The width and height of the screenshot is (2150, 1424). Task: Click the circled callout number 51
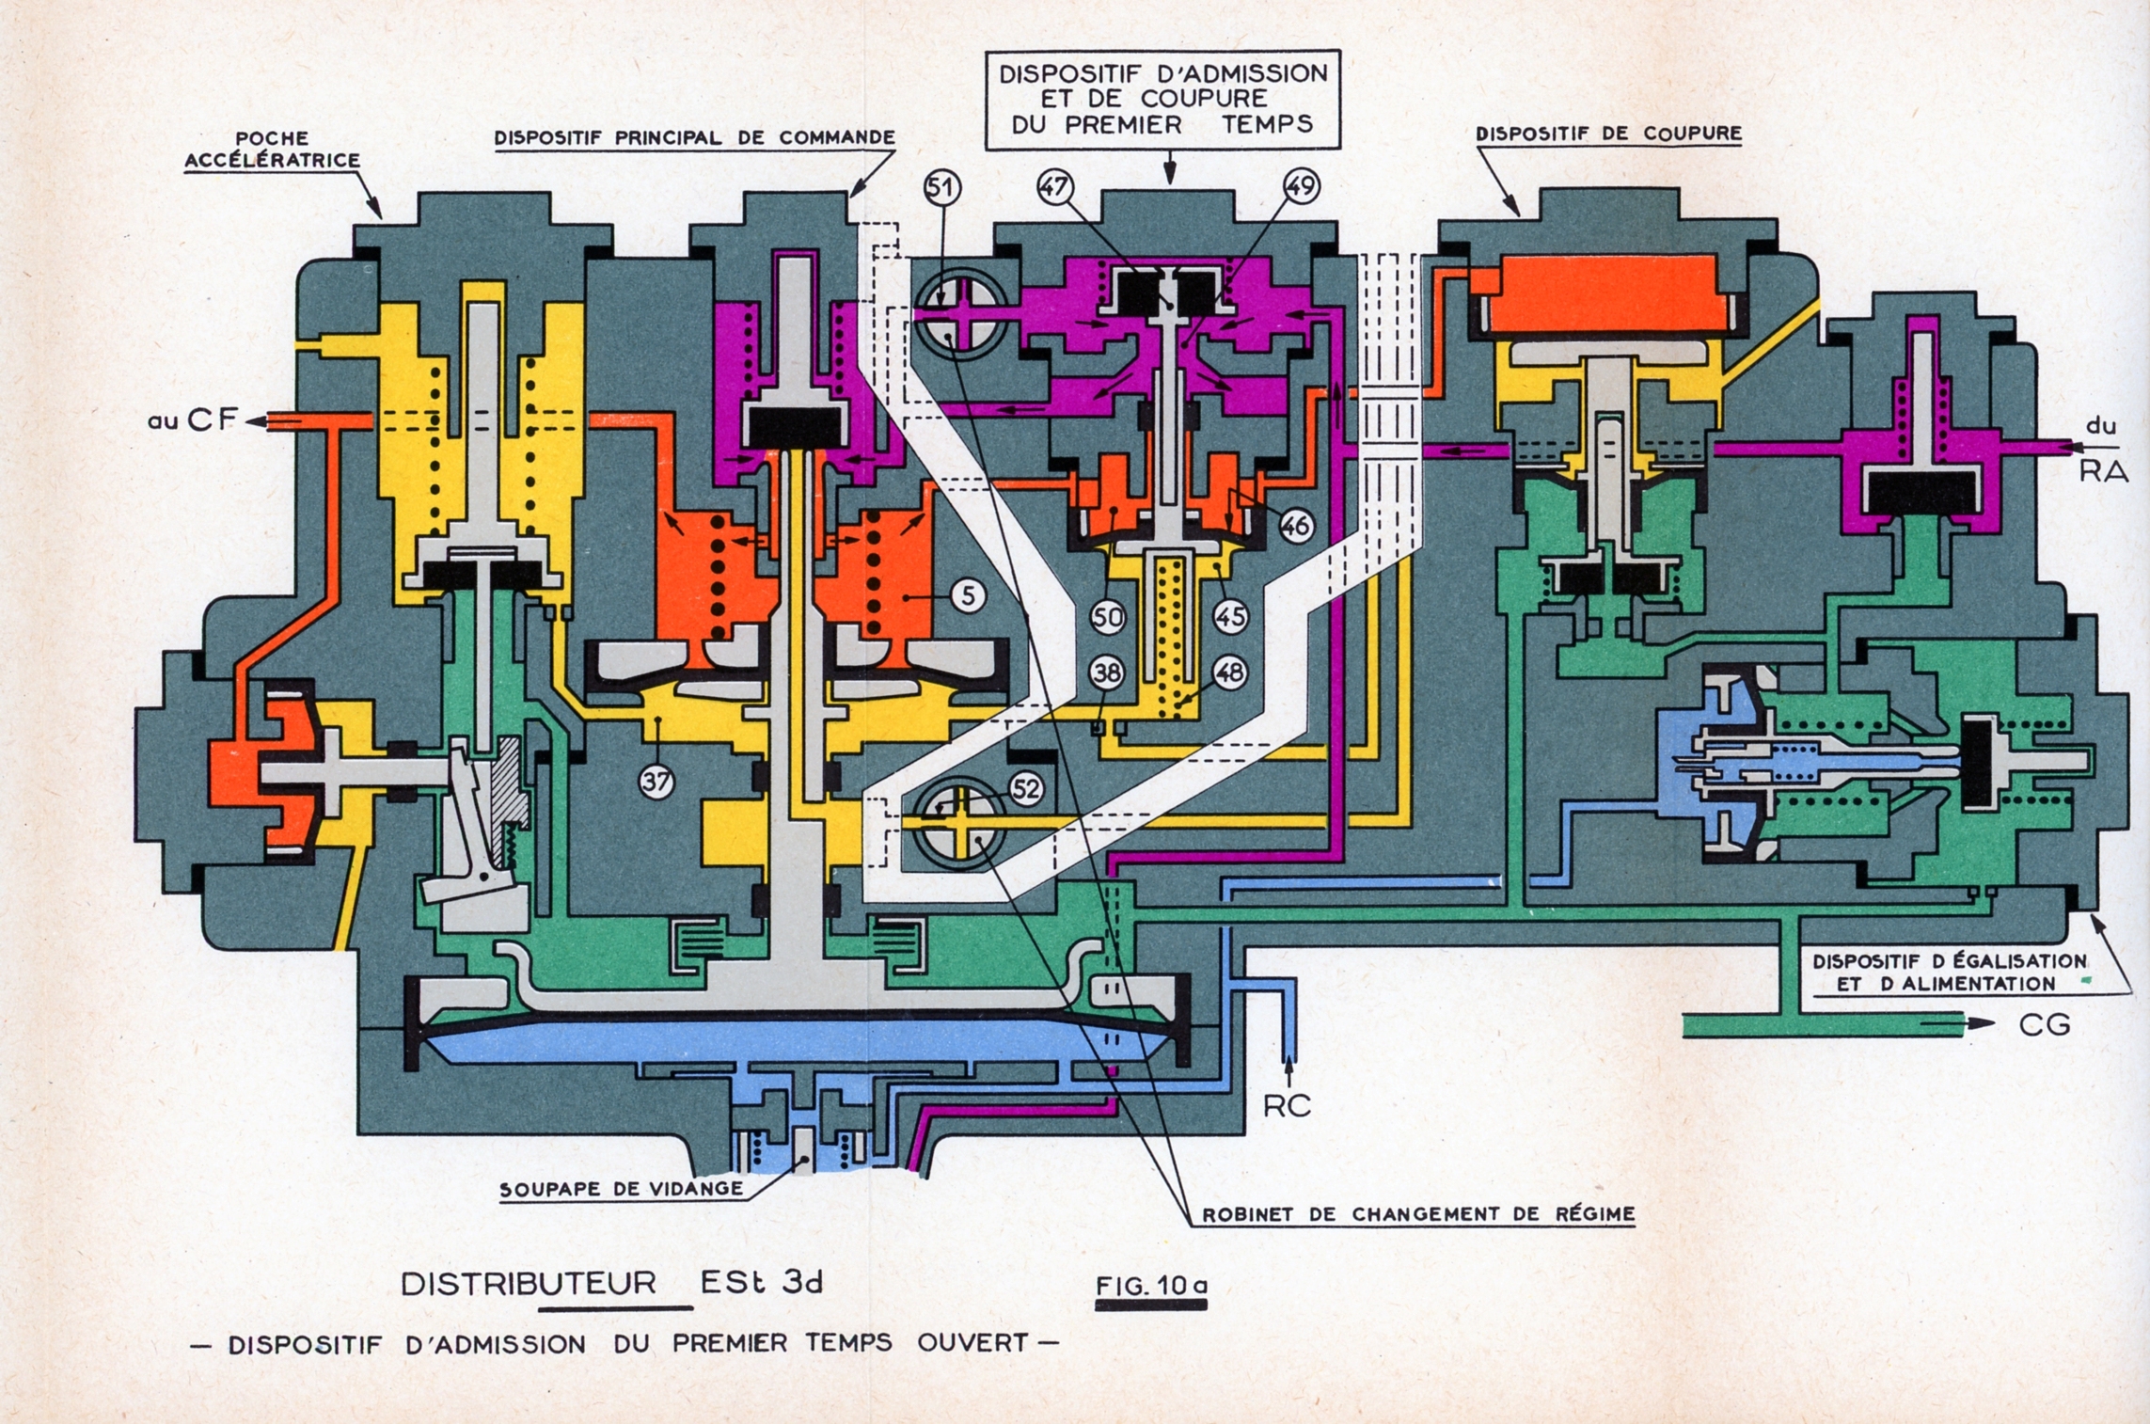coord(941,188)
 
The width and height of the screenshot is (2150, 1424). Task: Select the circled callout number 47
coord(1054,187)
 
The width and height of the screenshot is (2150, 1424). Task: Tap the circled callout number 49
coord(1301,187)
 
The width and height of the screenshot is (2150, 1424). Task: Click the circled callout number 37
coord(656,781)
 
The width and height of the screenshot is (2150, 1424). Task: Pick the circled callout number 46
coord(1296,526)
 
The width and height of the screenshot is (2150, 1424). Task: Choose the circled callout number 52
coord(1026,788)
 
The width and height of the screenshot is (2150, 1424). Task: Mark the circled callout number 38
coord(1107,672)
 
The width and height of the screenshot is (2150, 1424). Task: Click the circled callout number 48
coord(1230,672)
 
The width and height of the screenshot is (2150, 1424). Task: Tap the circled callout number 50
coord(1108,617)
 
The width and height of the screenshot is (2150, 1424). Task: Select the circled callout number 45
coord(1230,617)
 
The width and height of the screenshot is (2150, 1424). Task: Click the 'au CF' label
coord(191,421)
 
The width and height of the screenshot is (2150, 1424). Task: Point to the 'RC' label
coord(1287,1106)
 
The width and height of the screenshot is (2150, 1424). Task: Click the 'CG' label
coord(2045,1024)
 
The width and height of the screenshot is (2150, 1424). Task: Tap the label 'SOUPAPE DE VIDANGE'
coord(621,1189)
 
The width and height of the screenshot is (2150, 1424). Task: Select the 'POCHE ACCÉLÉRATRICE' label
coord(272,150)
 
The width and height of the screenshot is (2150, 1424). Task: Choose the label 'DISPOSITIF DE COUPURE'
coord(1608,134)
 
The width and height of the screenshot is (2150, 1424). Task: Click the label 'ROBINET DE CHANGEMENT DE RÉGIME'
coord(1418,1214)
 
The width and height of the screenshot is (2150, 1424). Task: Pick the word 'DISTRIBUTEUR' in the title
coord(529,1284)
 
